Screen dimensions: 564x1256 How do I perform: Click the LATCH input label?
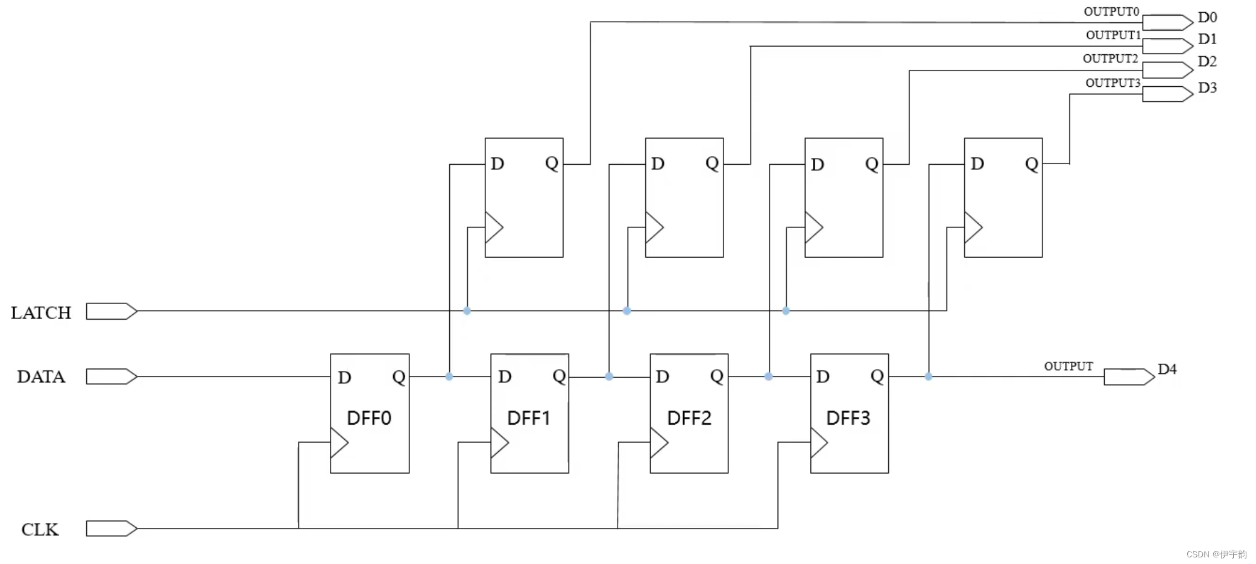pos(41,312)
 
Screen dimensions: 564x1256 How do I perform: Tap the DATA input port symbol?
pos(111,376)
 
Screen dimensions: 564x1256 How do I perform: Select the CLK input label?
pos(40,530)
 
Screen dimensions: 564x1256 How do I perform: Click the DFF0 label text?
pos(369,418)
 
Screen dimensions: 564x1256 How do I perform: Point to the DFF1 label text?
pos(529,418)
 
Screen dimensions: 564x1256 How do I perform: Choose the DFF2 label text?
pos(689,418)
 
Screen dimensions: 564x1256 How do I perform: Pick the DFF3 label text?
pos(848,418)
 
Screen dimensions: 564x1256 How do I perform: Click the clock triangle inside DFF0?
pos(339,443)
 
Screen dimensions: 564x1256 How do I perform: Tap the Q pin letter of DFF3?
pos(877,376)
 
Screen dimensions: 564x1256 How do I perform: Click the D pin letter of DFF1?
pos(505,377)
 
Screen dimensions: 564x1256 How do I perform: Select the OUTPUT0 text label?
pos(1111,11)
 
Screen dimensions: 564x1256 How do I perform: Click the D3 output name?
pos(1207,88)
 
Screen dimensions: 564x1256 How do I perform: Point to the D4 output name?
pos(1167,369)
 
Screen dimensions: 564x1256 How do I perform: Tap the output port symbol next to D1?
pos(1167,46)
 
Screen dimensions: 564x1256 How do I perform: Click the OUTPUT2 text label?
pos(1110,59)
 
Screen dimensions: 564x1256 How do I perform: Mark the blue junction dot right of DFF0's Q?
pos(449,376)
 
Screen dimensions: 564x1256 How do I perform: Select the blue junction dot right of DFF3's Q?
pos(929,376)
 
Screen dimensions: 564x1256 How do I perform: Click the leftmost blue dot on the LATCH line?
pos(467,311)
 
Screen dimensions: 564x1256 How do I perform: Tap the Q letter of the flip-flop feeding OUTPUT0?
pos(552,163)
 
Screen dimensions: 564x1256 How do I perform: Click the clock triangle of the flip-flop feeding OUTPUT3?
pos(973,227)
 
